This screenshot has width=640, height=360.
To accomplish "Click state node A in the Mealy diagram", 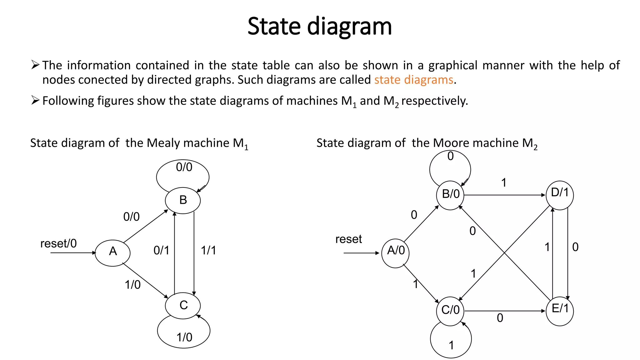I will [x=112, y=253].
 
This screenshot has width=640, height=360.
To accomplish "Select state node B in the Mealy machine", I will [x=183, y=200].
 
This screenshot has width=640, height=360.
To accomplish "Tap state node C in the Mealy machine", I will [x=183, y=305].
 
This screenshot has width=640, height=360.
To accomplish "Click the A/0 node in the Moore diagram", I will [x=395, y=253].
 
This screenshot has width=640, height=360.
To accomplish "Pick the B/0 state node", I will [x=450, y=195].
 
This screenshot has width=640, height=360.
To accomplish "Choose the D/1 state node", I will [x=559, y=195].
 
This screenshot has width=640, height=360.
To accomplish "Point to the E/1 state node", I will [x=559, y=311].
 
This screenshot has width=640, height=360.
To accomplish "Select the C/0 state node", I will [x=450, y=311].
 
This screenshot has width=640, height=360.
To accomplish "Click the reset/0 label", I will [x=58, y=243].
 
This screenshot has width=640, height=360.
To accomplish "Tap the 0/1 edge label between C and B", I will [x=161, y=250].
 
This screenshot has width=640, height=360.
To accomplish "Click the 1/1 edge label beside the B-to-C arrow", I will [x=208, y=250].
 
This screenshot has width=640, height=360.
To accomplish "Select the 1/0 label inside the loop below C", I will [x=184, y=337].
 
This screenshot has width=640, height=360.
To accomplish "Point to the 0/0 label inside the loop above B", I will [x=184, y=167].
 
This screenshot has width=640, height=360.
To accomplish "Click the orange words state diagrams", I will [x=413, y=80].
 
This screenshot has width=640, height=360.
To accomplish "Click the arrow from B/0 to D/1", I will [x=505, y=195].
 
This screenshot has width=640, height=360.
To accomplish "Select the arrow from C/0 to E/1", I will [x=505, y=311].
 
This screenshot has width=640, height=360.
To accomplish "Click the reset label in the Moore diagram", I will [x=348, y=239].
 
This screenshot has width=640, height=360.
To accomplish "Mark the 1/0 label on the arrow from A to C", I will [x=133, y=285].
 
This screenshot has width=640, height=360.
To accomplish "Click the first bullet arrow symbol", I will [x=35, y=65].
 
